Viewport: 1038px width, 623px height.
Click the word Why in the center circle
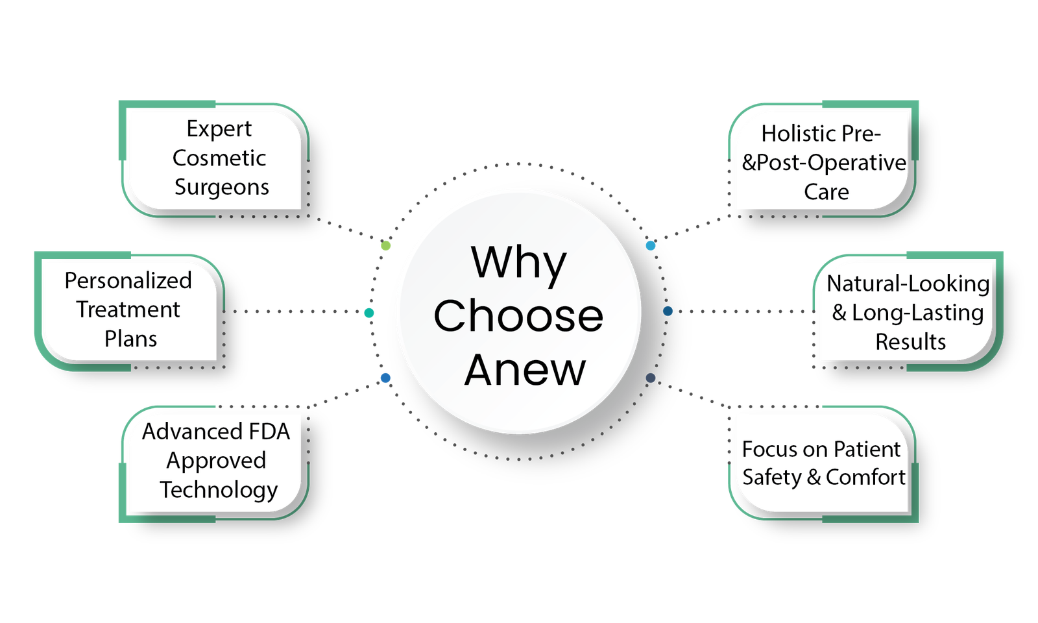point(518,263)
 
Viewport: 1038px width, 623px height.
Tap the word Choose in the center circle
point(518,316)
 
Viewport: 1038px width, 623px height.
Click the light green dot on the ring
point(385,246)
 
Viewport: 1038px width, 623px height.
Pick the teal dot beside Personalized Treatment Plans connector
point(369,313)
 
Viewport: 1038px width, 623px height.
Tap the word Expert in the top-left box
point(219,129)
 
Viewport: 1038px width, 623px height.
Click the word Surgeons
point(221,187)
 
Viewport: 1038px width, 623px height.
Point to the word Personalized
point(128,280)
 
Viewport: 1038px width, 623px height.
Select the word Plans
point(130,339)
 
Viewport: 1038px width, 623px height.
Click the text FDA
point(269,432)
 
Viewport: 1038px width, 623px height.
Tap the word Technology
point(219,490)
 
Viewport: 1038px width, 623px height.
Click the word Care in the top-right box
point(826,192)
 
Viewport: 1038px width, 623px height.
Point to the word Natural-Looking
point(908,284)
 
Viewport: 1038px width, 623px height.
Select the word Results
point(910,342)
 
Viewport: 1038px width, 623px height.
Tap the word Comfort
point(865,478)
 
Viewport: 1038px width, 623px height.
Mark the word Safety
point(771,478)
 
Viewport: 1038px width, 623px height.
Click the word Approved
point(216,461)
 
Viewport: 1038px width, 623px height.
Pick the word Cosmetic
point(219,158)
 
